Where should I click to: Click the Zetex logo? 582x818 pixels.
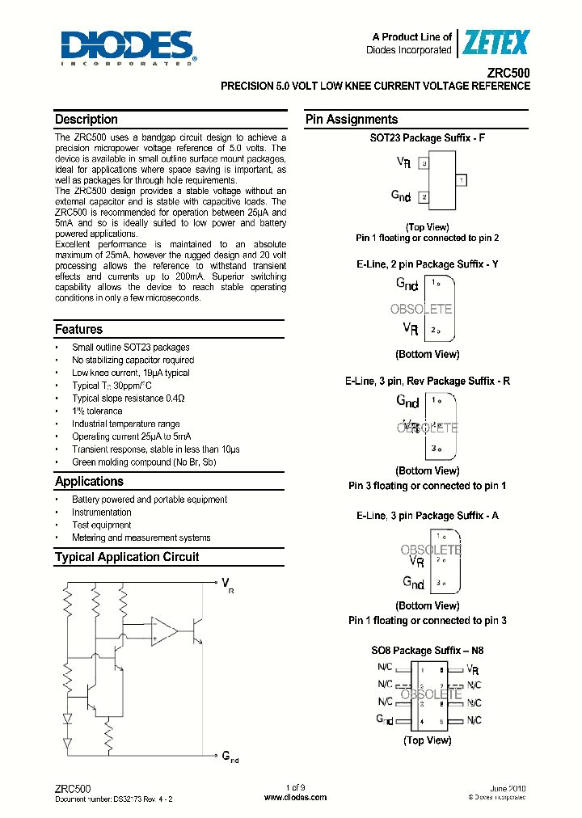tap(496, 42)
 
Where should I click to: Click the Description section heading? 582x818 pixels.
tap(86, 120)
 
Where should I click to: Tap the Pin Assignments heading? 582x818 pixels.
tap(351, 120)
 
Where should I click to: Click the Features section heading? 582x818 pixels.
tap(78, 330)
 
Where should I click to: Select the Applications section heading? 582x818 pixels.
tap(89, 482)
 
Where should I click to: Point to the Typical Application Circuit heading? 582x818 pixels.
tap(126, 557)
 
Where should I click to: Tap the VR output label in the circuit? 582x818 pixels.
tap(227, 584)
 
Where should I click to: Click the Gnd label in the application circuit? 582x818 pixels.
tap(230, 757)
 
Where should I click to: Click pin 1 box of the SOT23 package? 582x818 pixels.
tap(461, 179)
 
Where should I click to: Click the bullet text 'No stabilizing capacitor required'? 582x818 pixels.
tap(133, 360)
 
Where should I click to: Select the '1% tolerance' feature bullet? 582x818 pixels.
tap(97, 411)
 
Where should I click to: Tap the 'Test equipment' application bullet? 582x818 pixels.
tap(101, 525)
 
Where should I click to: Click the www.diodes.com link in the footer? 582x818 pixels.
tap(296, 797)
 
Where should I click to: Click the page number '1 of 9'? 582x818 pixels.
tap(296, 787)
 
